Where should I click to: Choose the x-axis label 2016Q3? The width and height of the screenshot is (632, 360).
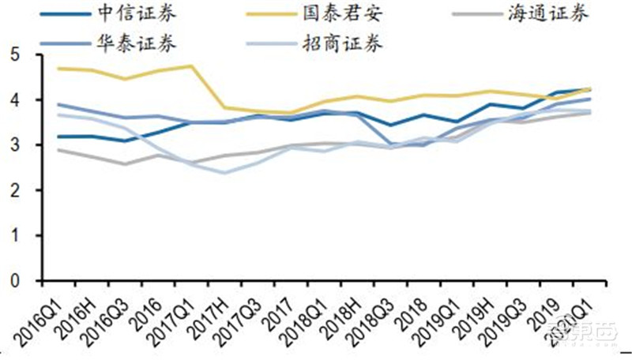tap(103, 314)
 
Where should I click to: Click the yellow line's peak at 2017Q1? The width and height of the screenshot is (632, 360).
tap(190, 66)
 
